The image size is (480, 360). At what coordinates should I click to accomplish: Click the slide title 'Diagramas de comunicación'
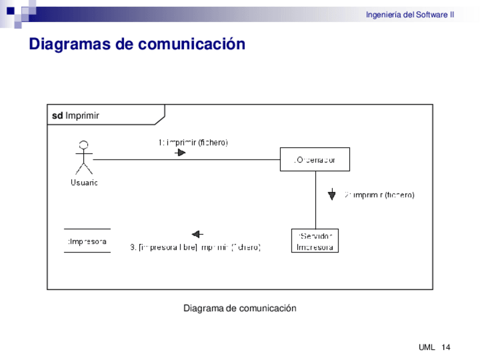(137, 44)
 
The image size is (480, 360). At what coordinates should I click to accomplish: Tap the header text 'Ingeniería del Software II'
(409, 15)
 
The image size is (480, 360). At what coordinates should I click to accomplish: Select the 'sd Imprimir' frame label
(76, 115)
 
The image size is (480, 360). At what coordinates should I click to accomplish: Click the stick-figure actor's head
(84, 143)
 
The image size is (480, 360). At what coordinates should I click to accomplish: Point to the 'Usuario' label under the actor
(84, 182)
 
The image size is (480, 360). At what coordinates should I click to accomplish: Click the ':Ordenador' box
(315, 159)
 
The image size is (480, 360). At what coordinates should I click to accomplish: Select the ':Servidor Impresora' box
(315, 241)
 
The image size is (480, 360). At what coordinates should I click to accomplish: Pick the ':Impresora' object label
(87, 241)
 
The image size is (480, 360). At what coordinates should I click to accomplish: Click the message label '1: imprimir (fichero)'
(193, 143)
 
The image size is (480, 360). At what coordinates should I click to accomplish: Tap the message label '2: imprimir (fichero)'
(379, 195)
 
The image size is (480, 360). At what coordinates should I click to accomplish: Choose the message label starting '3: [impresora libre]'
(195, 247)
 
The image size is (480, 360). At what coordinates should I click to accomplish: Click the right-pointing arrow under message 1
(180, 152)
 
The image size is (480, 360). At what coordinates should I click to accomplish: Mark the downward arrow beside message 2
(332, 195)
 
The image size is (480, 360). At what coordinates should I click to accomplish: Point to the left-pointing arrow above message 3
(198, 234)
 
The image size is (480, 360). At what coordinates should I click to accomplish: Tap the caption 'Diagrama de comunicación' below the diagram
(239, 308)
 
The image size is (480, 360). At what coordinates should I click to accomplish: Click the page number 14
(445, 347)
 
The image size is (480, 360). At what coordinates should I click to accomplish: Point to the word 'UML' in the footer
(427, 347)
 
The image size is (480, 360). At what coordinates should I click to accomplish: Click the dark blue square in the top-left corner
(10, 10)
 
